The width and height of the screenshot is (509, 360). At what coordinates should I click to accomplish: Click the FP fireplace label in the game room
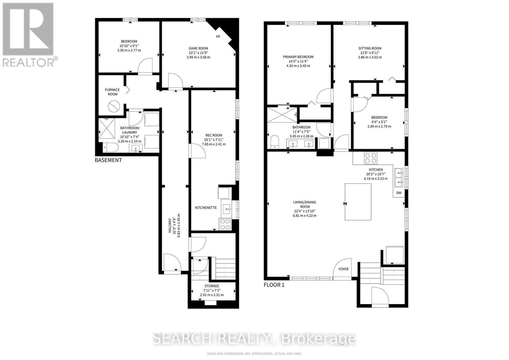click(218, 37)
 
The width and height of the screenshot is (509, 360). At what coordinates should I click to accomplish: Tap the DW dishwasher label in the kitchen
click(399, 193)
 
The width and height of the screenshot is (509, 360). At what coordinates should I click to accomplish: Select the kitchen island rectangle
click(358, 202)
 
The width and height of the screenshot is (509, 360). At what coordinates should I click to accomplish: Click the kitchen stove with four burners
click(371, 158)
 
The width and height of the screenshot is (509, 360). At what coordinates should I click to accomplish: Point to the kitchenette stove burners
click(225, 224)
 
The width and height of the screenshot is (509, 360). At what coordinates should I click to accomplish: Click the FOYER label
click(343, 269)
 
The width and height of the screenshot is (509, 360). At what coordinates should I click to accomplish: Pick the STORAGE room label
click(212, 286)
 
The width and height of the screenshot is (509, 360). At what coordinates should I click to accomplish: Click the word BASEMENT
click(108, 160)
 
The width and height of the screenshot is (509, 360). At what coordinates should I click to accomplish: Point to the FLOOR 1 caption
click(274, 285)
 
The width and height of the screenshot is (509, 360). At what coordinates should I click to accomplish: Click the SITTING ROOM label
click(370, 48)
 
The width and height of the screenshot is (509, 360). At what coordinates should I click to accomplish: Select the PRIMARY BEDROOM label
click(298, 57)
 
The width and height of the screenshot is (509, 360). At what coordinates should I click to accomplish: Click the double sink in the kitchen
click(399, 177)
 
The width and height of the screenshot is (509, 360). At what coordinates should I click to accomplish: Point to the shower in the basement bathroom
click(107, 128)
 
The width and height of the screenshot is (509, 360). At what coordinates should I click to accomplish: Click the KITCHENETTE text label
click(206, 208)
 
